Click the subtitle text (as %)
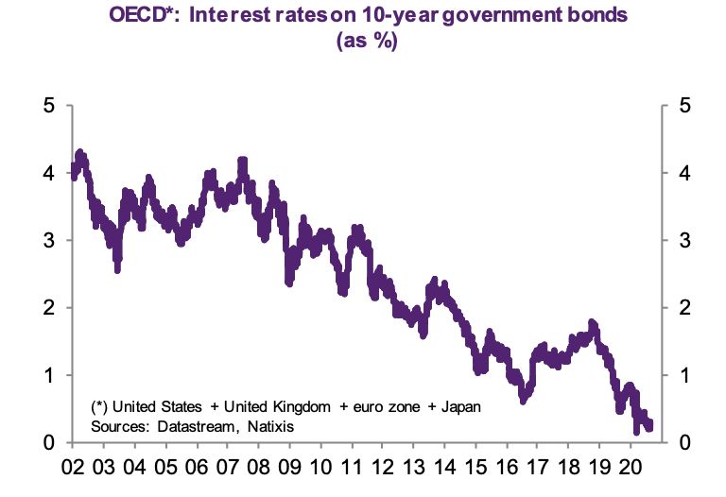(363, 43)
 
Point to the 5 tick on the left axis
(48, 105)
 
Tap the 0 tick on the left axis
(48, 442)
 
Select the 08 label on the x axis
(258, 467)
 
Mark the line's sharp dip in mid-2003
(117, 269)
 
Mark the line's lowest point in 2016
(524, 401)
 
